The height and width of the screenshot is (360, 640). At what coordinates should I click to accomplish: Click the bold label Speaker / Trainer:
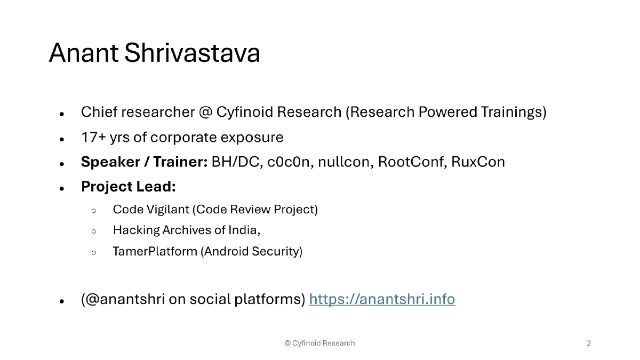click(x=144, y=162)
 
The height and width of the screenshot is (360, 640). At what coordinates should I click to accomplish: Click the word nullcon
click(x=345, y=162)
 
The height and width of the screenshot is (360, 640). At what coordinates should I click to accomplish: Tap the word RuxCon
click(x=478, y=162)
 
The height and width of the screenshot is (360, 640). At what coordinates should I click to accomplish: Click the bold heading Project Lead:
click(x=128, y=187)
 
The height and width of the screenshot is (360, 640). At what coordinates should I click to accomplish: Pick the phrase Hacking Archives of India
click(x=186, y=230)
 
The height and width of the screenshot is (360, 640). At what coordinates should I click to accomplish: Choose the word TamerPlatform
click(x=155, y=251)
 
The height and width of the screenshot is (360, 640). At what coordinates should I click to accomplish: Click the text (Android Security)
click(x=251, y=251)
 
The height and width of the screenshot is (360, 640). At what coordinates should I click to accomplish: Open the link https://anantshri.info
click(x=382, y=299)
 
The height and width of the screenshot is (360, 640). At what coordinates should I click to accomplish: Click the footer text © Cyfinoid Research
click(x=319, y=343)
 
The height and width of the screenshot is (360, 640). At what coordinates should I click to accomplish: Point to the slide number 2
click(x=589, y=343)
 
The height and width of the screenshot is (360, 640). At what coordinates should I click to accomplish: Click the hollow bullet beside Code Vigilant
click(x=94, y=211)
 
